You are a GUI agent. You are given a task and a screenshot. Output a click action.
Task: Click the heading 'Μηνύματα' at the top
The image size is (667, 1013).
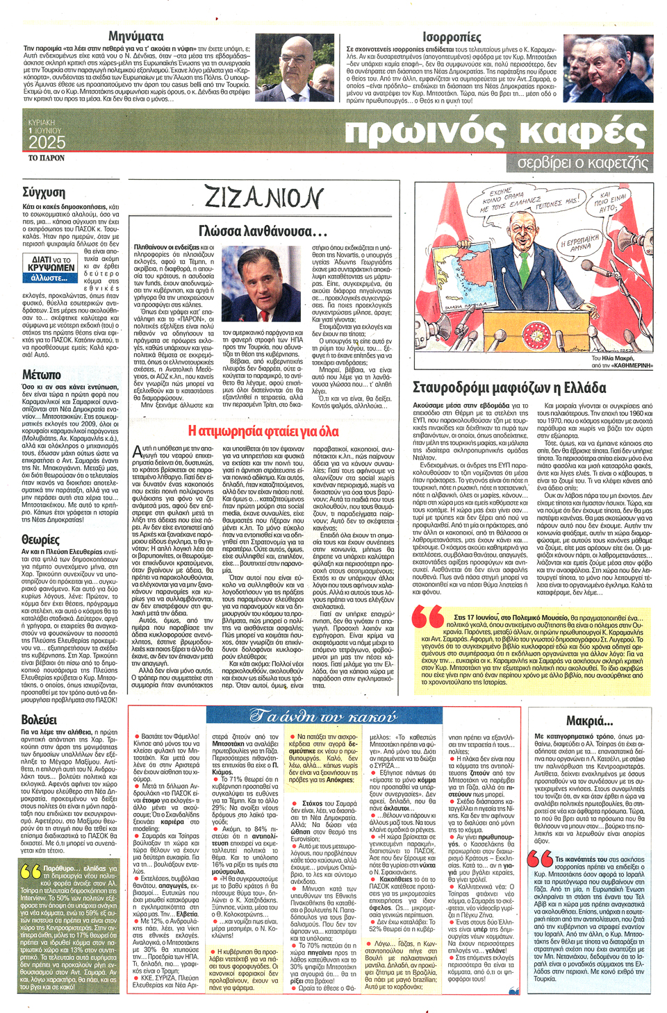[x=135, y=35]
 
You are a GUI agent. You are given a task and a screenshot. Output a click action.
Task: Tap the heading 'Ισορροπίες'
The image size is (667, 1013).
[x=451, y=36]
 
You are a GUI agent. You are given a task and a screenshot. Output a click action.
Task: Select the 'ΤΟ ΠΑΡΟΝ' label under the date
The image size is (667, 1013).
[x=46, y=158]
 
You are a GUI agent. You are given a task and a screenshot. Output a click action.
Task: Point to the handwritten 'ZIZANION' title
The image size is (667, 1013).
[x=263, y=199]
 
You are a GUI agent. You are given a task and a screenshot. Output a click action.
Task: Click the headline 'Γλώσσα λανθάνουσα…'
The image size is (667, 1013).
[x=263, y=231]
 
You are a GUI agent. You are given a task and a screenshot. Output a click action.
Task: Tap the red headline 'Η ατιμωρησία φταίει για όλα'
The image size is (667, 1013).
[x=263, y=431]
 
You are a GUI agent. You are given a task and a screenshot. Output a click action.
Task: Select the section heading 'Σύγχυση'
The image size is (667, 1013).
[x=43, y=192]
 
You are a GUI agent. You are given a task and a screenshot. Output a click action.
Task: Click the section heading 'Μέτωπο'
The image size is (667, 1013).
[x=41, y=375]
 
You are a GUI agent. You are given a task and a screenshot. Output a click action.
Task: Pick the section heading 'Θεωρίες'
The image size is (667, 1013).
[x=40, y=539]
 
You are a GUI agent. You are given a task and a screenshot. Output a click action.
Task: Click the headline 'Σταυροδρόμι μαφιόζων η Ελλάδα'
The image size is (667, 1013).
[x=509, y=387]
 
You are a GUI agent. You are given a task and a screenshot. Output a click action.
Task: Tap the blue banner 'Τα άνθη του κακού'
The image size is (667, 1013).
[x=323, y=716]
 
